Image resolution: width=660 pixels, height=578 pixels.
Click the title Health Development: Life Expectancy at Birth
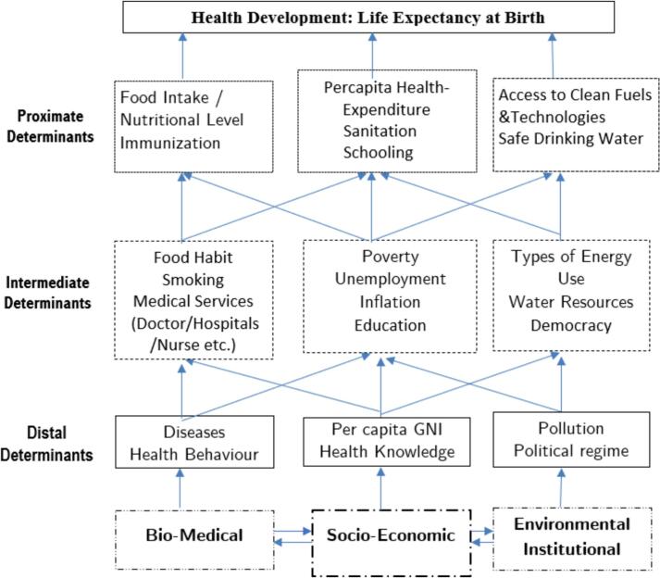point(367,17)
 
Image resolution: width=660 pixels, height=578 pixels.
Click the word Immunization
point(169,144)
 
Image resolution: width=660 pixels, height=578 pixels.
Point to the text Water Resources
point(561,302)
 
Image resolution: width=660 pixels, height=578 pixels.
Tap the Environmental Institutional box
point(559,535)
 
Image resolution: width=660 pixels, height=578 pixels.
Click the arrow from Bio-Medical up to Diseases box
point(181,486)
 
